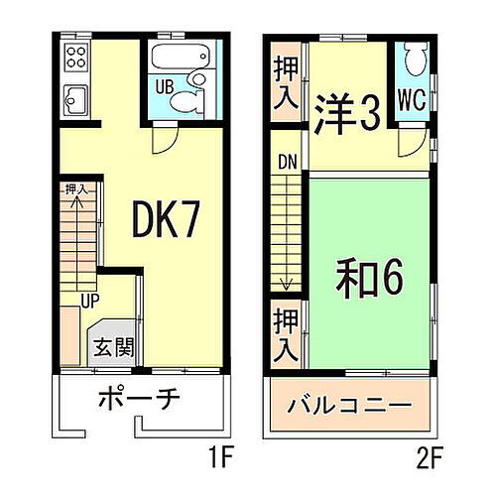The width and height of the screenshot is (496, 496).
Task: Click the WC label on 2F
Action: pyautogui.click(x=412, y=101)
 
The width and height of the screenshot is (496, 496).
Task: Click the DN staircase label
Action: pyautogui.click(x=286, y=161)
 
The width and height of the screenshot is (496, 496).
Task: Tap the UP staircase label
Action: pyautogui.click(x=89, y=297)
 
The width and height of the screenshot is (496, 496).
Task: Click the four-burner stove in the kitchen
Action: pyautogui.click(x=76, y=58)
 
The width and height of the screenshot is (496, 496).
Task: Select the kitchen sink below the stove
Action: pyautogui.click(x=75, y=97)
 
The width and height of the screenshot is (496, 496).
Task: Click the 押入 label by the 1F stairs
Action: pyautogui.click(x=76, y=187)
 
